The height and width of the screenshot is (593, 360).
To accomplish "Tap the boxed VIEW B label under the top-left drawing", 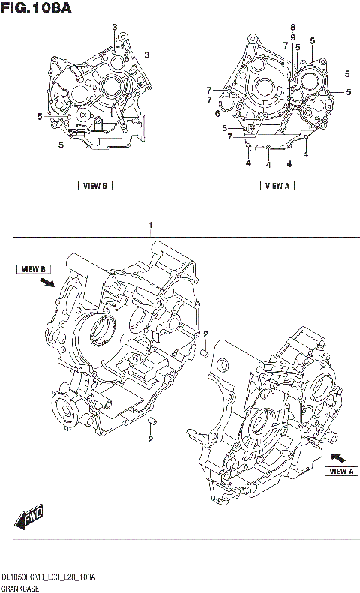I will (x=94, y=186).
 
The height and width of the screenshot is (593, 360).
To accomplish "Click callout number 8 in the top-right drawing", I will (x=293, y=28).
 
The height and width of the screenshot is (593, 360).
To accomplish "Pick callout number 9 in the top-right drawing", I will (x=293, y=37).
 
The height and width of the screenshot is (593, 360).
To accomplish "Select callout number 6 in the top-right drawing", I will (x=217, y=114).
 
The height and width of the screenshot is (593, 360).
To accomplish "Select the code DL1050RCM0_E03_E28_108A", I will (x=48, y=574).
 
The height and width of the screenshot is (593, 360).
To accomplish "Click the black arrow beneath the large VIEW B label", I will (x=46, y=283).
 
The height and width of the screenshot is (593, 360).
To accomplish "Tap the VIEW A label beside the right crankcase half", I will (x=340, y=471).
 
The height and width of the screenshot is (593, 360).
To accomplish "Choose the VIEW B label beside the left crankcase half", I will (x=34, y=268).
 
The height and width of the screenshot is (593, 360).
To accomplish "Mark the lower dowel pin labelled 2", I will (x=151, y=421).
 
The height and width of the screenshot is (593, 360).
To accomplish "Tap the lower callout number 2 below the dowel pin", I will (x=150, y=439).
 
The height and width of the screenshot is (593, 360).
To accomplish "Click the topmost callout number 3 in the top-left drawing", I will (x=115, y=28).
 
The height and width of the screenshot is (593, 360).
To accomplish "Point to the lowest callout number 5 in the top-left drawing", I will (x=61, y=145).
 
